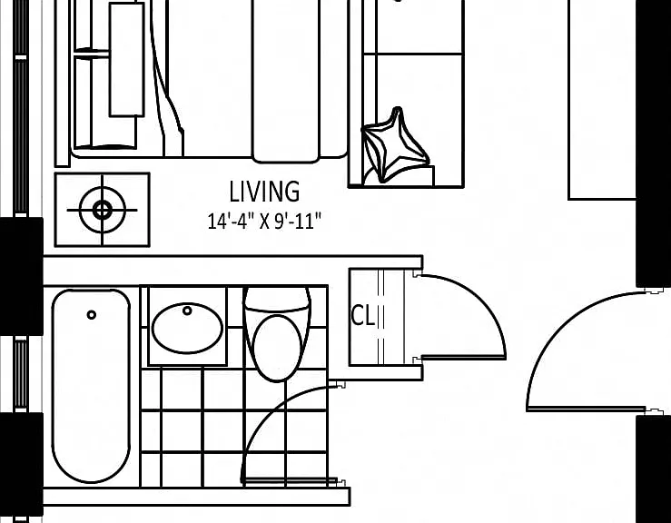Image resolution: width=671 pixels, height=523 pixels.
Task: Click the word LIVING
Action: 264,192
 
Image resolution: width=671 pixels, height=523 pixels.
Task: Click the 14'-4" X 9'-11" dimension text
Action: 264,222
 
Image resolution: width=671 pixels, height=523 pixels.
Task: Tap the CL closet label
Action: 362,316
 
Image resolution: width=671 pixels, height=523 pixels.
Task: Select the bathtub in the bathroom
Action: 91,386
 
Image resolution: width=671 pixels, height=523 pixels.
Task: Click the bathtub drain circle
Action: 91,315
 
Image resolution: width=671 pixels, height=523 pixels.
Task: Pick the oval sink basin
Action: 187,328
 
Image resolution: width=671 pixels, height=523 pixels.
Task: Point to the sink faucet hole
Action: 187,311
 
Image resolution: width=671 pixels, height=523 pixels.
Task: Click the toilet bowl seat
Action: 277,348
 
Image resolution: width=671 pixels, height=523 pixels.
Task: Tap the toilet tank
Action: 277,299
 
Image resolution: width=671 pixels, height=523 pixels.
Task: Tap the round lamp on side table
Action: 103,210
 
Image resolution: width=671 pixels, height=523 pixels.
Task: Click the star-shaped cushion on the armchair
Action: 395,145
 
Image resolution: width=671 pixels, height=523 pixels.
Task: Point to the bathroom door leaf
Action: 290,482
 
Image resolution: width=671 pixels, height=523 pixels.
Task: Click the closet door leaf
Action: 464,358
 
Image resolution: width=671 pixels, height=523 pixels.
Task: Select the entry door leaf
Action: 587,410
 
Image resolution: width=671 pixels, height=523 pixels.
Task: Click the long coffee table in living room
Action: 286,82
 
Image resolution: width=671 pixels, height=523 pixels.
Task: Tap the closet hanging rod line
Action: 381,317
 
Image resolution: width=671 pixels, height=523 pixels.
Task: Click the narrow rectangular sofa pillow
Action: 127,60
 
